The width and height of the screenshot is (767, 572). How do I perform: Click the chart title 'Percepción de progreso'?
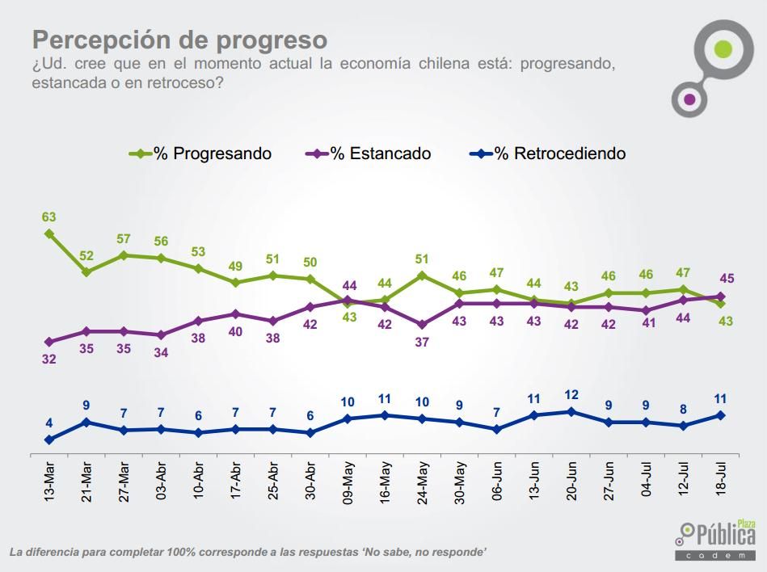(179, 40)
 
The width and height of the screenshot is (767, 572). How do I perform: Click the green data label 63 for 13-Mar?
(49, 217)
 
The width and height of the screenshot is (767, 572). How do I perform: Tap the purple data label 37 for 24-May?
(422, 342)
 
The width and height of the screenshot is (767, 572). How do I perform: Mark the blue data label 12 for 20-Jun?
(571, 394)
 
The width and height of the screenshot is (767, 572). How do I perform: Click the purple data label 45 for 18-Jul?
(726, 279)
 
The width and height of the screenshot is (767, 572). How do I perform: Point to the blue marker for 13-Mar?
(49, 440)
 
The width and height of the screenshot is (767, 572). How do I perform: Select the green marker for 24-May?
(423, 275)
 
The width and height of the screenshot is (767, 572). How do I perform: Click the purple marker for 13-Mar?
(49, 342)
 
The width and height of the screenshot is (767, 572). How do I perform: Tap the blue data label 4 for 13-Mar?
(49, 423)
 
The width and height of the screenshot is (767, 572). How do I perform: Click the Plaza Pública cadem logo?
(716, 539)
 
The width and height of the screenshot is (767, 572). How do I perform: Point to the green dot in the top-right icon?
(723, 48)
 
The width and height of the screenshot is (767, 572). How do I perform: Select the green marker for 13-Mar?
(49, 233)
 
